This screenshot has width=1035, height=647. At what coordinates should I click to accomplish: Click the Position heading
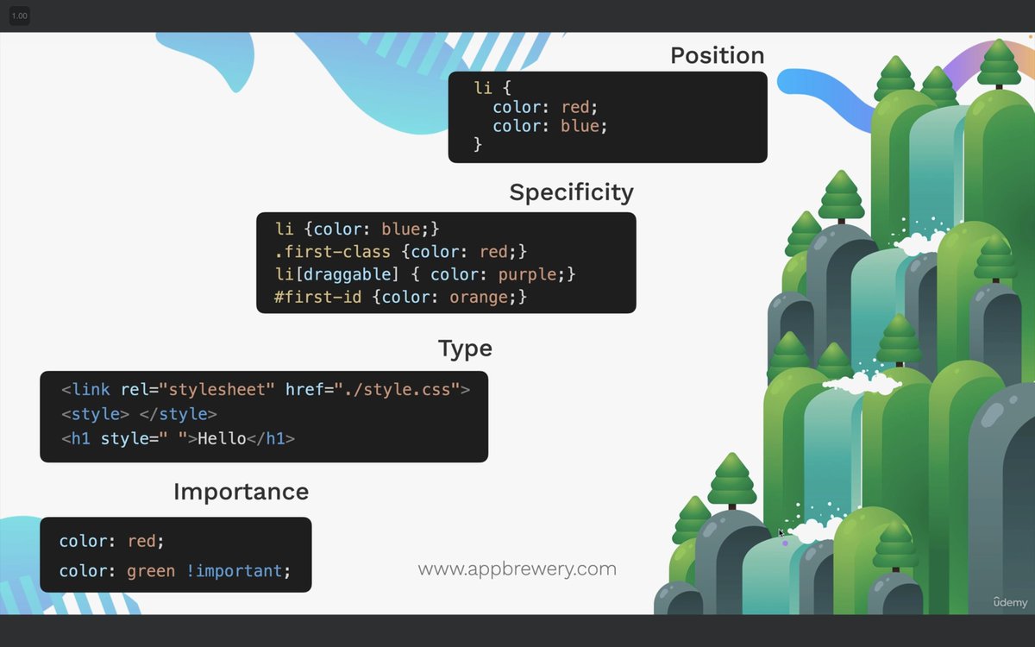pyautogui.click(x=717, y=55)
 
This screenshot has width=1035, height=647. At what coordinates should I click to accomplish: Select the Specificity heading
pyautogui.click(x=571, y=192)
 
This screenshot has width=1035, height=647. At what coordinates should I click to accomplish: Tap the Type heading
pyautogui.click(x=465, y=349)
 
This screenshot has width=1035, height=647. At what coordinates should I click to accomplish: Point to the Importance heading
pyautogui.click(x=241, y=492)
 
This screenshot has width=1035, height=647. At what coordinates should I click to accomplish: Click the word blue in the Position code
pyautogui.click(x=580, y=126)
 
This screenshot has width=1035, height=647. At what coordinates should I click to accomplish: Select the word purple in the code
pyautogui.click(x=527, y=274)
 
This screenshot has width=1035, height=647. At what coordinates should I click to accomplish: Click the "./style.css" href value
pyautogui.click(x=403, y=390)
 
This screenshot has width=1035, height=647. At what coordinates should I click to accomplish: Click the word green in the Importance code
pyautogui.click(x=151, y=571)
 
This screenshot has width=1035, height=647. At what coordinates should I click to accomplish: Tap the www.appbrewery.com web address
pyautogui.click(x=517, y=569)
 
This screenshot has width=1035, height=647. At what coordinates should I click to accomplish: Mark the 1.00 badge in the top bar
pyautogui.click(x=19, y=16)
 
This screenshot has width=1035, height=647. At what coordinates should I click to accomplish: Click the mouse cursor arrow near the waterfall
pyautogui.click(x=781, y=533)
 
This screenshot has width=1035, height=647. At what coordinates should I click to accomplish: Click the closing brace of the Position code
pyautogui.click(x=478, y=145)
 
